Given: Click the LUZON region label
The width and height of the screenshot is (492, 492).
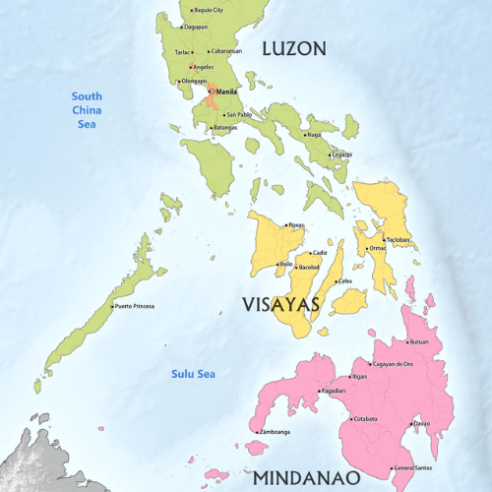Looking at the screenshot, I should (x=293, y=47).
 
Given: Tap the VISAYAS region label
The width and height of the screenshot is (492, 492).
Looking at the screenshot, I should (x=281, y=304).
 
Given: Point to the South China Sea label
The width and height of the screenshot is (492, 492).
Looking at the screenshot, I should (x=87, y=109).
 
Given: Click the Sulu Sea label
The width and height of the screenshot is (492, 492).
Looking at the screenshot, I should (x=193, y=374).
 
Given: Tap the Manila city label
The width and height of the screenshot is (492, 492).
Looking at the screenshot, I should (x=227, y=92).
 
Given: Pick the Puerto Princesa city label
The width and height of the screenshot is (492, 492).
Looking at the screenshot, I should (x=136, y=306).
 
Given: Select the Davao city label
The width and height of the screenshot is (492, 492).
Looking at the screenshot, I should (x=421, y=423).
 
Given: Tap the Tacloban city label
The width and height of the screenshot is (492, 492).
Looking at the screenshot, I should (x=398, y=240).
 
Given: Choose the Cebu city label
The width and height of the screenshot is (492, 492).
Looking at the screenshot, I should (x=344, y=281).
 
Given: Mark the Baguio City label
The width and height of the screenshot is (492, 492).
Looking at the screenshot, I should (x=209, y=10).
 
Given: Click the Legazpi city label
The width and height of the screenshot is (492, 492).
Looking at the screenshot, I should (x=341, y=154).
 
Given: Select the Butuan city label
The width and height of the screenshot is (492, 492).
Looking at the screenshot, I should (x=419, y=341).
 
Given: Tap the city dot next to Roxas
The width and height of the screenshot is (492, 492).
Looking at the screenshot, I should (x=285, y=225).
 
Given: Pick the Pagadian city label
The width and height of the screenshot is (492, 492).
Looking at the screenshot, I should (x=334, y=391).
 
